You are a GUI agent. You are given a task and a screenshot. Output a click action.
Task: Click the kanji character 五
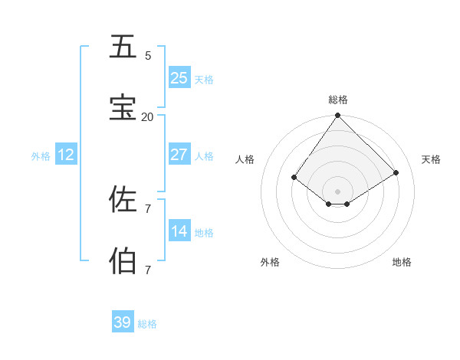(123, 47)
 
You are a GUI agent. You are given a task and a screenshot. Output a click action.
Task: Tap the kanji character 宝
(123, 108)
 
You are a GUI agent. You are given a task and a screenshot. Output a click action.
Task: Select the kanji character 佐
(123, 199)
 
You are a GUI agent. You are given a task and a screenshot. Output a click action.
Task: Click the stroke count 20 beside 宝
(147, 116)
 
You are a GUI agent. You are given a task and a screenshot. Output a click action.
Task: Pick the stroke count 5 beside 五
(148, 55)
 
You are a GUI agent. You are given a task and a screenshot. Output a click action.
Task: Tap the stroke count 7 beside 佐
(148, 208)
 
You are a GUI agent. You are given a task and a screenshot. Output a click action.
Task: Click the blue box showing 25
(179, 78)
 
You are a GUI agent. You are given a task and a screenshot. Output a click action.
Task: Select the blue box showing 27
(179, 155)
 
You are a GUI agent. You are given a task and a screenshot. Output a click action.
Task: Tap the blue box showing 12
(66, 155)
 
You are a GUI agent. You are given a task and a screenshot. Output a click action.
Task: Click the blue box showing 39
(123, 322)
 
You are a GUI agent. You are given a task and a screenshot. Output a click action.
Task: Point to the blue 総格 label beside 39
(147, 324)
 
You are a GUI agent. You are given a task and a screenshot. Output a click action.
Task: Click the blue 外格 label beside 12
(41, 156)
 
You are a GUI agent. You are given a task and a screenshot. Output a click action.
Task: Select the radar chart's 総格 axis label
(338, 100)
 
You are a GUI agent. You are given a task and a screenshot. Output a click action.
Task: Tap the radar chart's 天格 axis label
(431, 159)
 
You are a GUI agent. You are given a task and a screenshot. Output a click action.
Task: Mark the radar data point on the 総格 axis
(338, 116)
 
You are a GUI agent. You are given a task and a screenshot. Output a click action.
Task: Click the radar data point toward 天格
(396, 173)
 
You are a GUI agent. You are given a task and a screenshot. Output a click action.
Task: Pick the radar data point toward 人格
(294, 177)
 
